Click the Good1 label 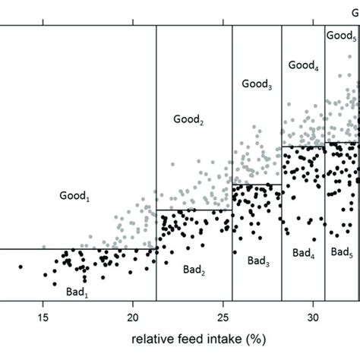pos(74,196)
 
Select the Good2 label pos(188,119)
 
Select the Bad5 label pos(341,251)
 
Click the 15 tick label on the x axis pos(43,316)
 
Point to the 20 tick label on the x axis pos(133,316)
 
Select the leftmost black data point pos(21,267)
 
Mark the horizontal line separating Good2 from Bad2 pos(194,210)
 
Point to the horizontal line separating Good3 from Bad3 pos(257,184)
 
